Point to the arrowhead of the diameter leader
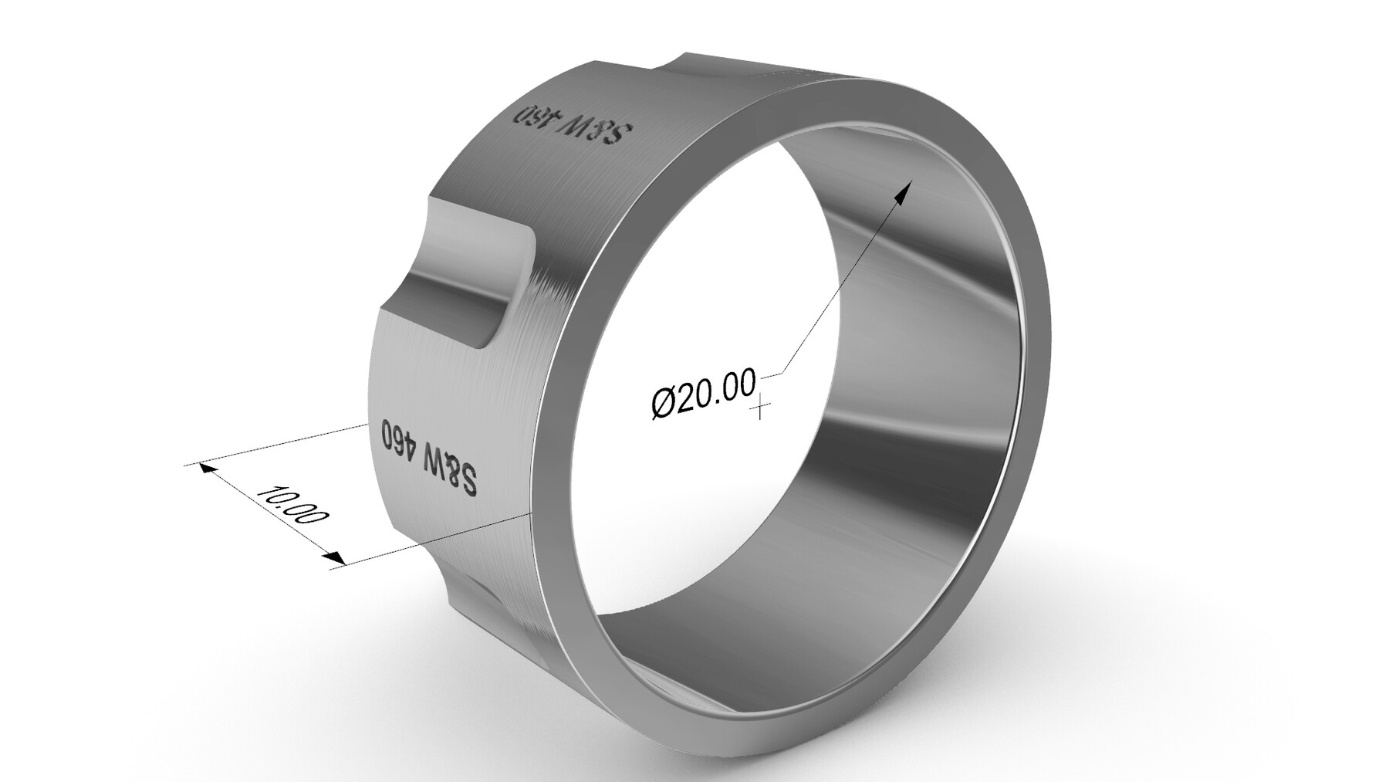point(904,190)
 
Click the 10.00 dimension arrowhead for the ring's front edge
point(333,557)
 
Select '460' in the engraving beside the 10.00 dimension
point(397,437)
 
